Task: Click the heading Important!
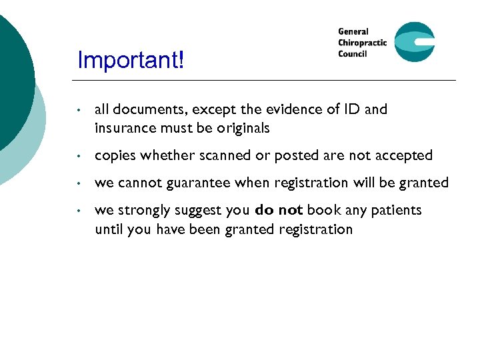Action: (131, 61)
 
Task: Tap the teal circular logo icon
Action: (414, 42)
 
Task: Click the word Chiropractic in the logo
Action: (362, 43)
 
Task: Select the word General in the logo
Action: (353, 31)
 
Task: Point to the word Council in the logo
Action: (353, 54)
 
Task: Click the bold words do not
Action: (279, 210)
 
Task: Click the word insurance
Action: (123, 128)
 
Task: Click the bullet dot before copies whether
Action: (79, 156)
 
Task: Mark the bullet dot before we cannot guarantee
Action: (79, 183)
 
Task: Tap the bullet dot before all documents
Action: (79, 110)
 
